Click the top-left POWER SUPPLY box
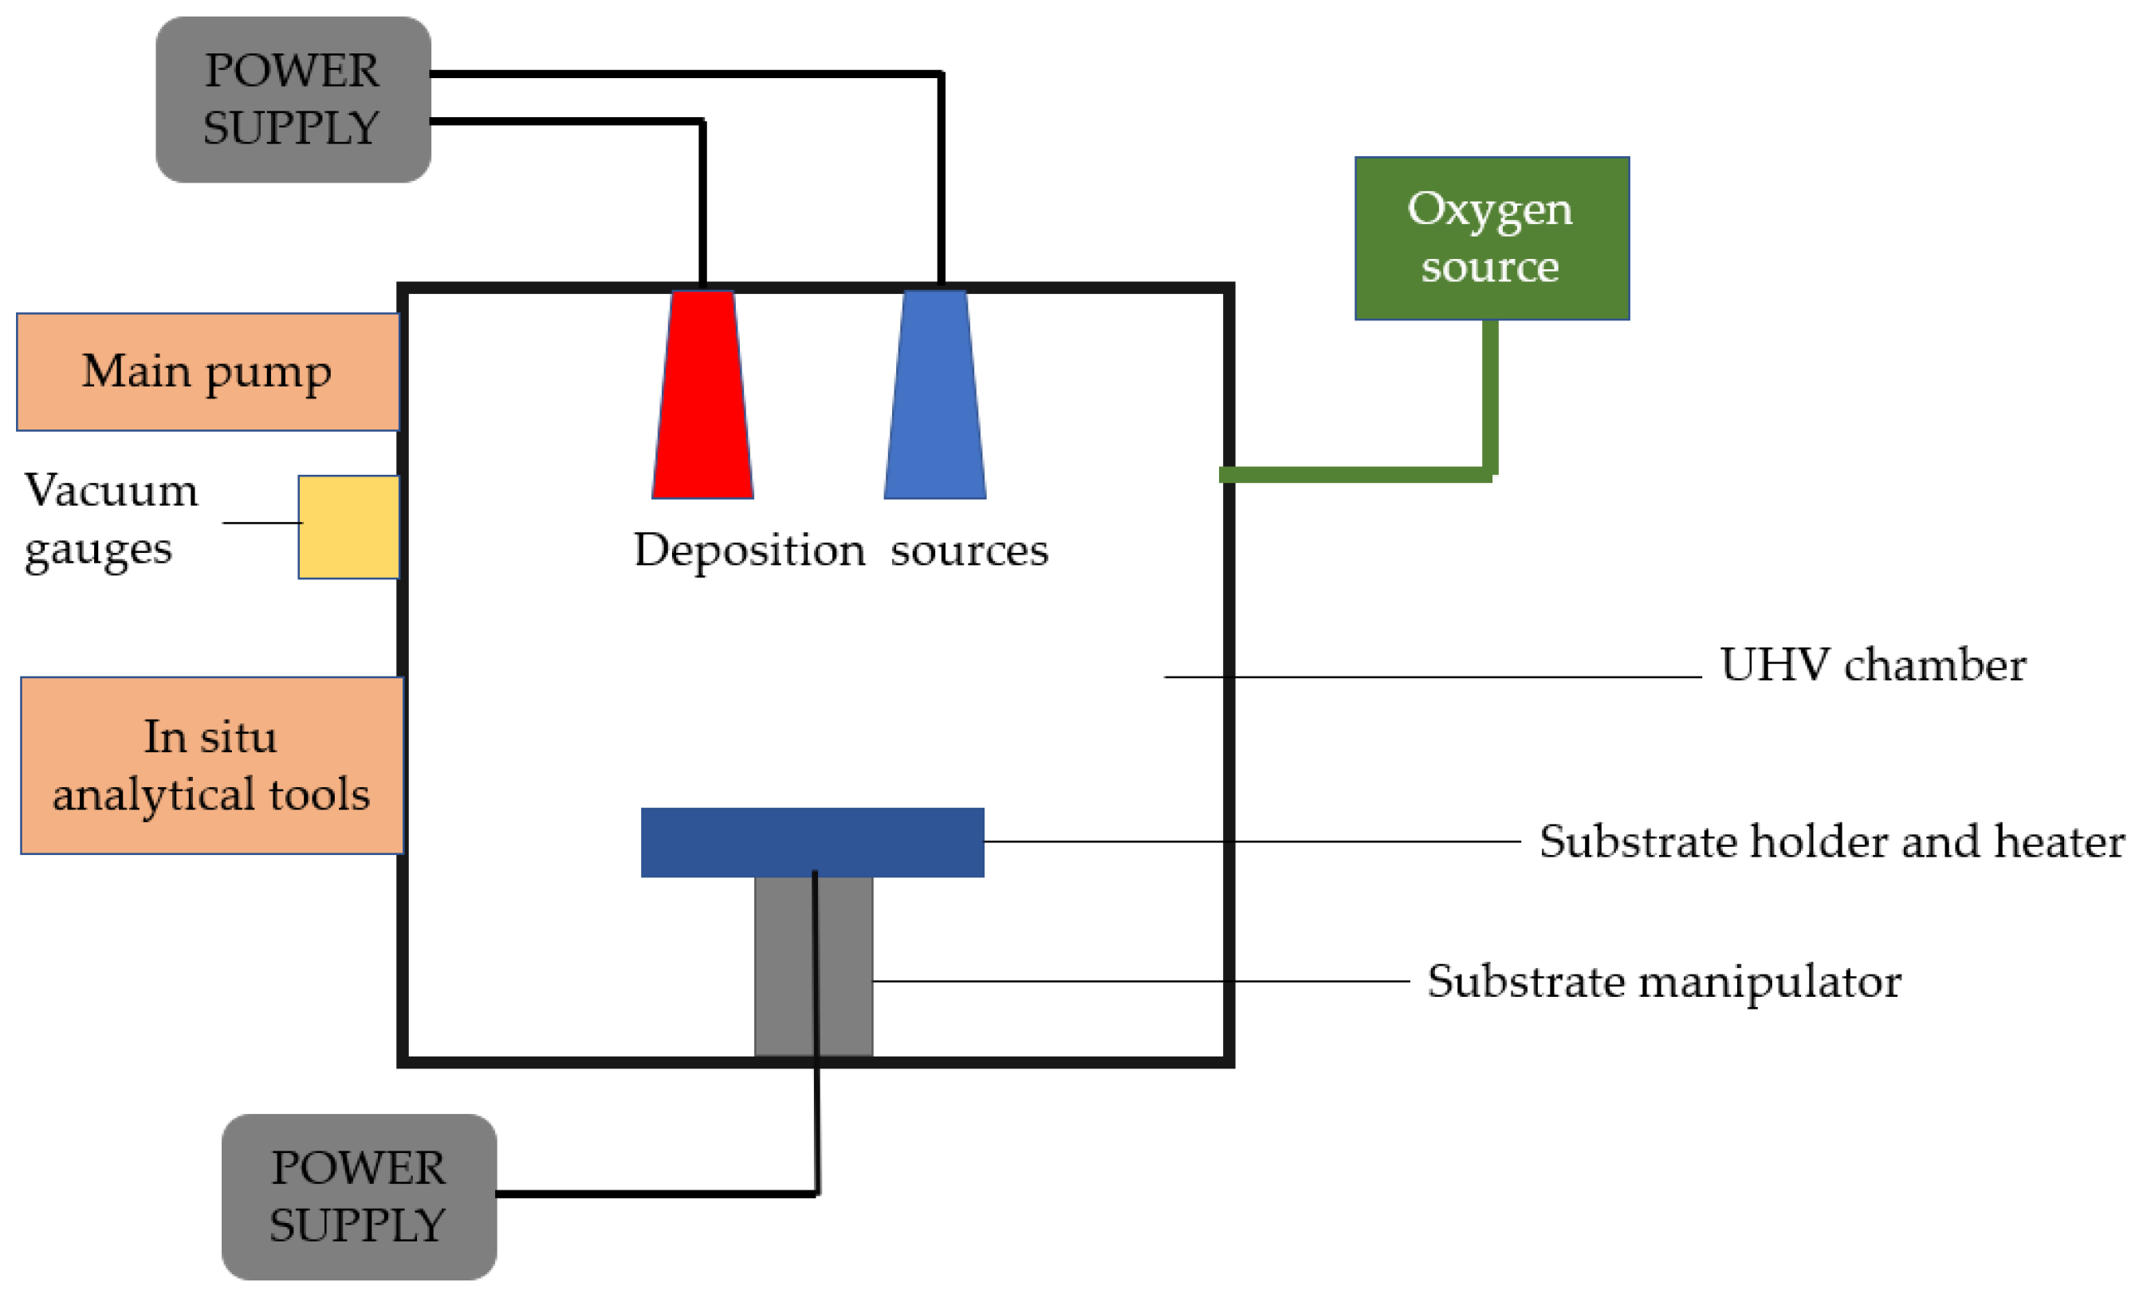[x=293, y=99]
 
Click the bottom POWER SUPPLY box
[x=359, y=1197]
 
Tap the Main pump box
[x=207, y=371]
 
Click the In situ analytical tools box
[x=212, y=766]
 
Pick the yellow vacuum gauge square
[x=348, y=527]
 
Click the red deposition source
[x=702, y=396]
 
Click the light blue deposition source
[x=935, y=396]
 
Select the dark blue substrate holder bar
[x=812, y=842]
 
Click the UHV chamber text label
[x=1873, y=665]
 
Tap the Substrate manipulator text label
[x=1664, y=982]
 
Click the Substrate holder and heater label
[x=1832, y=842]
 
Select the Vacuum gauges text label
[x=110, y=519]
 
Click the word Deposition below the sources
[x=749, y=551]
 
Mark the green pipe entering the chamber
[x=1355, y=474]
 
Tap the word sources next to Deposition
[x=969, y=551]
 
